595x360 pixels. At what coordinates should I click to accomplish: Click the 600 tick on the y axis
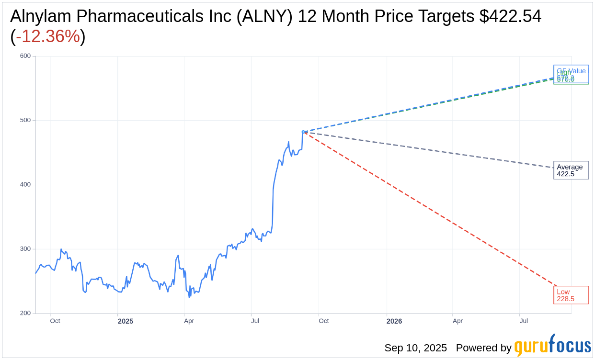click(25, 56)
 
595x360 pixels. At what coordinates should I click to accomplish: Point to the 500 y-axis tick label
click(25, 120)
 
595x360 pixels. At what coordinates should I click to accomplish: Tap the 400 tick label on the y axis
click(25, 184)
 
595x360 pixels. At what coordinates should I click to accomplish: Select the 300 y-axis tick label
click(25, 249)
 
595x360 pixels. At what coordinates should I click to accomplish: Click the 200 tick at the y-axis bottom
click(25, 313)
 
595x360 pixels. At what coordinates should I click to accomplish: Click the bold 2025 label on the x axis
click(126, 321)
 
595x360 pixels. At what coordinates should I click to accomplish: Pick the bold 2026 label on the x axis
click(394, 321)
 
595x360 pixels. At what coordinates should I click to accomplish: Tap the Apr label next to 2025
click(189, 321)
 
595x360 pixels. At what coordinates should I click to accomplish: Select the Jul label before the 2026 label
click(255, 321)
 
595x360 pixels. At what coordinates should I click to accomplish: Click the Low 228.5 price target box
click(571, 295)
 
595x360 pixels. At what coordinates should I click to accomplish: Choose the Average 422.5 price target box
click(571, 170)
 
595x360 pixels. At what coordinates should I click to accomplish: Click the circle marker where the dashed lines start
click(303, 132)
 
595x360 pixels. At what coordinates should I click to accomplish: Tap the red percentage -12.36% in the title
click(48, 36)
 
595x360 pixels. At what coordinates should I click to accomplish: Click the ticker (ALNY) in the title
click(266, 16)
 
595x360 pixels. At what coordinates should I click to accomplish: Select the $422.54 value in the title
click(510, 16)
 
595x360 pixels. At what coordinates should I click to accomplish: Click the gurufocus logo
click(552, 346)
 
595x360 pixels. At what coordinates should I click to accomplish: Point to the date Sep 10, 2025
click(415, 348)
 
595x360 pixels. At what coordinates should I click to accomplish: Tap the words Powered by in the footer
click(483, 348)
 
